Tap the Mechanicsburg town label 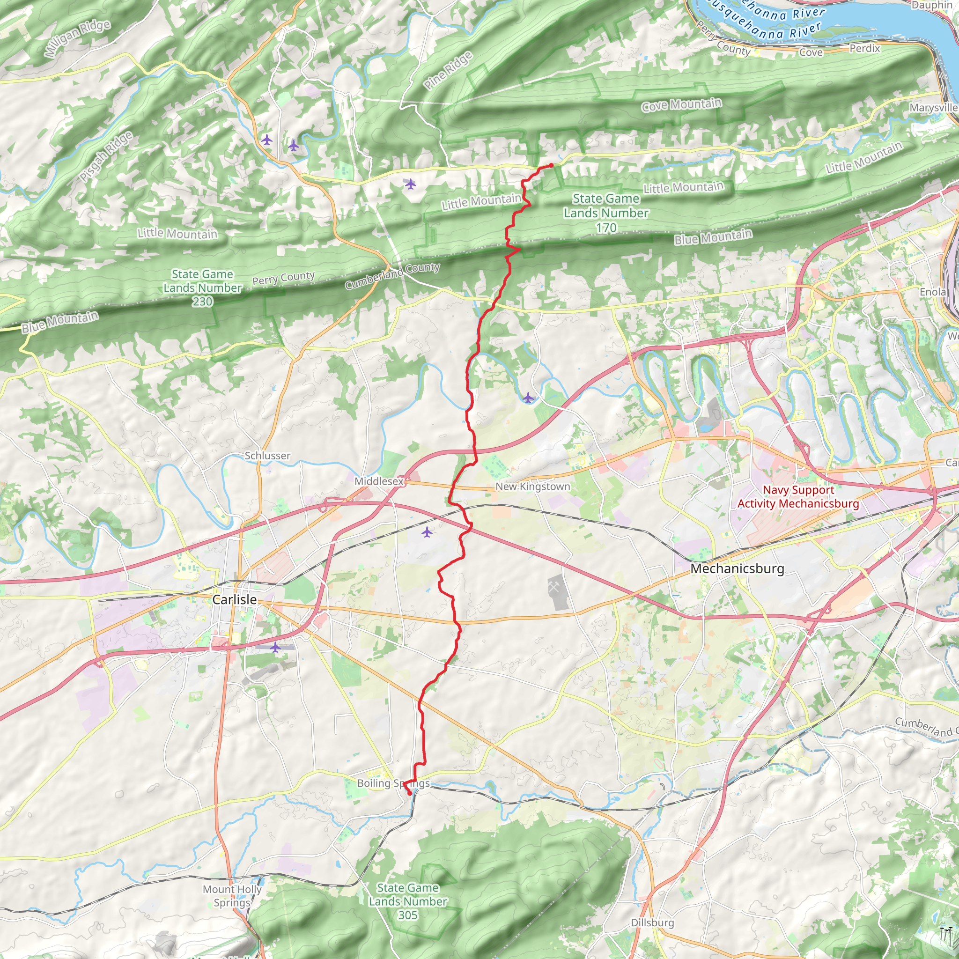(737, 568)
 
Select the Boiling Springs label (393, 783)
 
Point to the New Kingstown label (532, 487)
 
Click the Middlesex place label (379, 481)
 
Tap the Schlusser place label (267, 455)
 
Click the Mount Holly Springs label (232, 896)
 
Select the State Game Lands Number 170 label (606, 213)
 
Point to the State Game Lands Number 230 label (202, 288)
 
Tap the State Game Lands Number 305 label (407, 901)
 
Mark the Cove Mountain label (681, 105)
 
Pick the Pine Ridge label (448, 71)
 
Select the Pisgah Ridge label (106, 156)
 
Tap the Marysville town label (933, 108)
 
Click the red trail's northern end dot (551, 165)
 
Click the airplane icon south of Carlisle (275, 647)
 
